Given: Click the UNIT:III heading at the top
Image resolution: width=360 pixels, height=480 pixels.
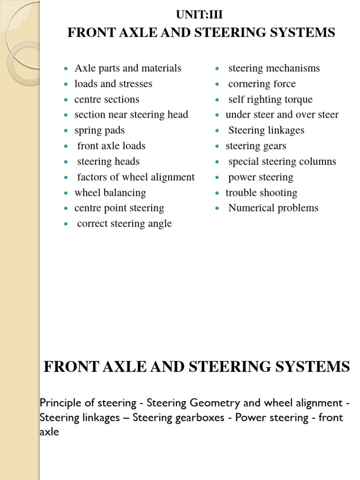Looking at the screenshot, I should (199, 15).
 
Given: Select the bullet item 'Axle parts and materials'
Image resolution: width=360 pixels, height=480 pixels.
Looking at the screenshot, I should (127, 68).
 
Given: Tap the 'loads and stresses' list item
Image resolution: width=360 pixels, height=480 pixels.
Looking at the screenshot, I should (113, 84).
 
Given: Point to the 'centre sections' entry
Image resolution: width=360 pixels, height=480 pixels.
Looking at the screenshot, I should (106, 99).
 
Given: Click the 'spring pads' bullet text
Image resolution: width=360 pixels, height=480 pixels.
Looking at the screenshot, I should (99, 130).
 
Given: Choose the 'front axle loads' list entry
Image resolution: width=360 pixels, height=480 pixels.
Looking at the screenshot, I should (111, 146).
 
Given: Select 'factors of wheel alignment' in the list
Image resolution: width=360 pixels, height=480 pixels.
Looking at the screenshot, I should (135, 177).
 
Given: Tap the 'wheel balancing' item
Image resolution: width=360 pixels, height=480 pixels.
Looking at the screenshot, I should (110, 193).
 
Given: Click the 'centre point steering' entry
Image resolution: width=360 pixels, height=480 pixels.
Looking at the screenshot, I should (119, 208).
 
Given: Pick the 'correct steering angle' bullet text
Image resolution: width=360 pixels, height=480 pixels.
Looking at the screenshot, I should (124, 224).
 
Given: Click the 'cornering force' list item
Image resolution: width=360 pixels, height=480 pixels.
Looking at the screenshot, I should (262, 84).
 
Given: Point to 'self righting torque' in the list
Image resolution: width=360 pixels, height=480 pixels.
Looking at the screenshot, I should (270, 99).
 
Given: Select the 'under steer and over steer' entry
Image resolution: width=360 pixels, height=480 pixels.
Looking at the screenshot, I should (282, 115).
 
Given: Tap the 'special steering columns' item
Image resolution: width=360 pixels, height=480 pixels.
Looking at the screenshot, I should (282, 162).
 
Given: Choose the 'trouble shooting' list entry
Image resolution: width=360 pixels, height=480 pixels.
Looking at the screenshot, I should (261, 193).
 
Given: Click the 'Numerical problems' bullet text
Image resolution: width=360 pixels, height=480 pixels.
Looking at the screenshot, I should (273, 208).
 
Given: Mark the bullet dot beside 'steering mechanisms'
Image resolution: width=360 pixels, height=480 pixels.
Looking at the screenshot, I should (217, 69).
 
